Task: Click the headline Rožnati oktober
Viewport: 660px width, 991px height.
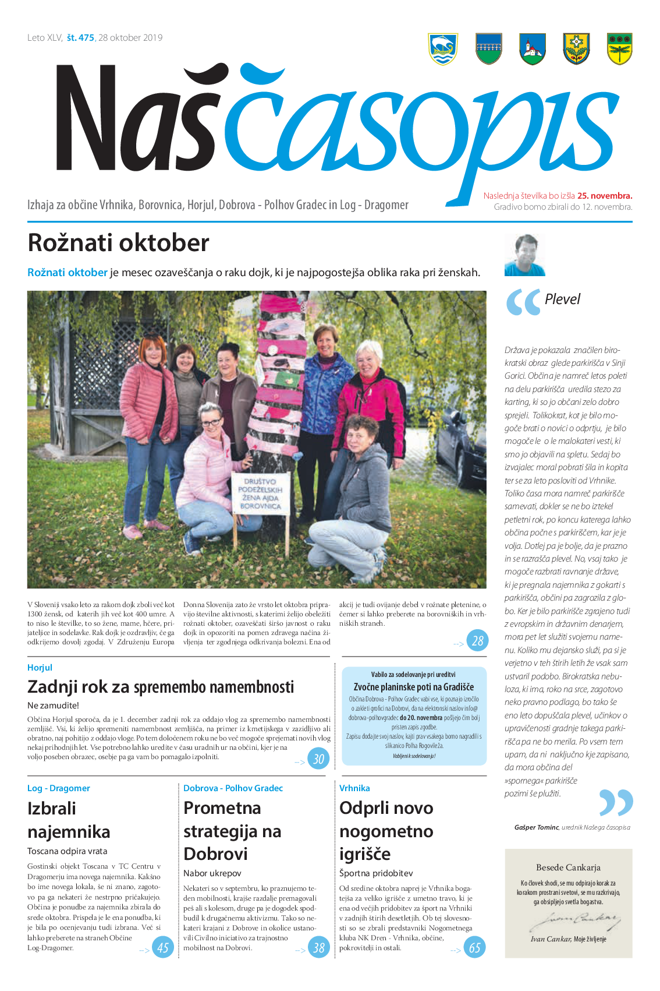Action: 118,243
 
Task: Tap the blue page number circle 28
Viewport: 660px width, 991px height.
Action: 477,641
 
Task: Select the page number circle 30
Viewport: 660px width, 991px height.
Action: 318,759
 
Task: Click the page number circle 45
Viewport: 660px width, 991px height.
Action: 163,947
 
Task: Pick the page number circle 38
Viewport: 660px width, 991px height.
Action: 319,947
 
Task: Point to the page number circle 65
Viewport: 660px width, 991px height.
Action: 475,947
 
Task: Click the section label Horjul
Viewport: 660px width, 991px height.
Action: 40,668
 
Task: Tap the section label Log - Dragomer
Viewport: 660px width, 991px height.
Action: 59,788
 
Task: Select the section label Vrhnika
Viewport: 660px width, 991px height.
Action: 354,788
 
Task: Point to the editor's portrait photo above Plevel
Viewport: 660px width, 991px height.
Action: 525,255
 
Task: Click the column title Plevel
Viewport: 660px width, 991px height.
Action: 562,299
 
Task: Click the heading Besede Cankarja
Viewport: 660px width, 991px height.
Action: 568,867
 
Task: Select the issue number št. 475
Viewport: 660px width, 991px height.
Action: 80,38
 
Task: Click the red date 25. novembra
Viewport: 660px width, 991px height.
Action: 604,196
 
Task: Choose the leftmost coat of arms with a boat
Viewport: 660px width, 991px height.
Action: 443,49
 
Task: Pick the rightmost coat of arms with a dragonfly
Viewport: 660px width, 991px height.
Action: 619,49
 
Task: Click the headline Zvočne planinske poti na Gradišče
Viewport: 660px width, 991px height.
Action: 413,687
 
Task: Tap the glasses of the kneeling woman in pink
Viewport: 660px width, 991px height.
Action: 210,422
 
